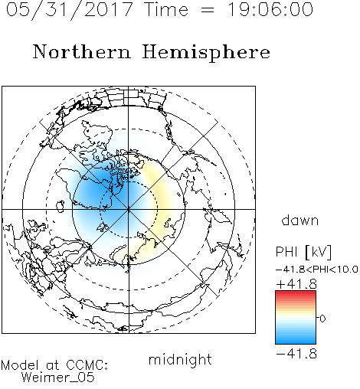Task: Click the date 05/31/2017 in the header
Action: pos(70,10)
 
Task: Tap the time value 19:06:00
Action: pos(270,9)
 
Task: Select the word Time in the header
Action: pos(166,9)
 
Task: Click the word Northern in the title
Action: pos(82,51)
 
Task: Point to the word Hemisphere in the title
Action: pos(206,53)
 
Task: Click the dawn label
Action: pos(300,220)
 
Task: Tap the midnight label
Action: pos(180,360)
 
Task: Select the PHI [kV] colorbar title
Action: pos(304,252)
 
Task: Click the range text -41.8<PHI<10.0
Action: pos(317,270)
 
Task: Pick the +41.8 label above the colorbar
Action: pos(296,284)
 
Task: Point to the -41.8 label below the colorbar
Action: pos(296,354)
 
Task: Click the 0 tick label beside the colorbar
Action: pos(322,319)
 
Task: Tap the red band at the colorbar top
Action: pos(296,294)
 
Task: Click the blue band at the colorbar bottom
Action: pos(296,340)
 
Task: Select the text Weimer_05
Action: pos(58,378)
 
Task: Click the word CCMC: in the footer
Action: pos(87,365)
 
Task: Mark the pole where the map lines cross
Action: pos(129,209)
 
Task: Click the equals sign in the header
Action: pos(208,10)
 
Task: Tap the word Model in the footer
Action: pos(20,365)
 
